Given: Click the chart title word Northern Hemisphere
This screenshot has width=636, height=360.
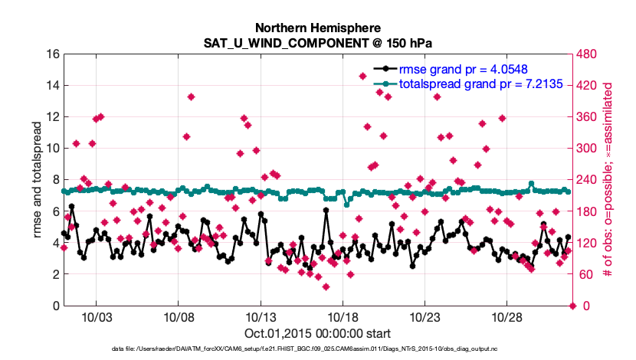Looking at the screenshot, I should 317,26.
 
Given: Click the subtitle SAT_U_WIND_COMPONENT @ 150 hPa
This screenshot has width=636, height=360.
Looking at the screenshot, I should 317,42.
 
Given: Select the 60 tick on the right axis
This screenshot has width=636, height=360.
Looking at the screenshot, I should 585,274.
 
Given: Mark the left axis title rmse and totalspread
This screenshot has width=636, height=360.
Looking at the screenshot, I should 38,179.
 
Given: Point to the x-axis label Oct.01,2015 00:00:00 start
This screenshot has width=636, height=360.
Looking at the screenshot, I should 317,333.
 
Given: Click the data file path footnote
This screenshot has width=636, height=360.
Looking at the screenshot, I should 317,349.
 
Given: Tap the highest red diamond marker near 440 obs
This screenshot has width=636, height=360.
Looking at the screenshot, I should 363,76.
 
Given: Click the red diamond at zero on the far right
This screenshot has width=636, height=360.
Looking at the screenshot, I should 573,306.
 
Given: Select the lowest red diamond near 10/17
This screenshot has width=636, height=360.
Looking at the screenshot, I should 326,287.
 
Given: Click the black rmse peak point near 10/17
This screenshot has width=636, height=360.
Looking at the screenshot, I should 326,209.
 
